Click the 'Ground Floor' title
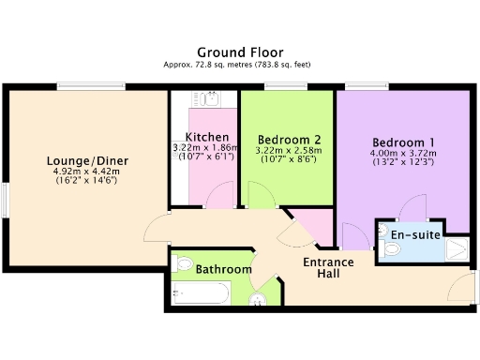[x=240, y=52]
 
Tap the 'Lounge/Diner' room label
[x=88, y=160]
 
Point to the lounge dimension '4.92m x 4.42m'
[x=88, y=172]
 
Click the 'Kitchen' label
[x=204, y=137]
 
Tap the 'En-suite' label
[x=416, y=234]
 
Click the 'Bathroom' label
[x=223, y=270]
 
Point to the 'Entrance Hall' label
[x=327, y=268]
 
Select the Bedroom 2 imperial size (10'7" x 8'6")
[x=287, y=159]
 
